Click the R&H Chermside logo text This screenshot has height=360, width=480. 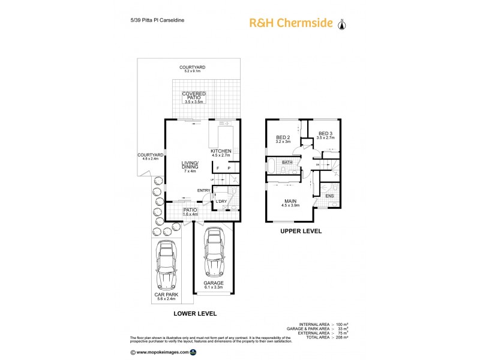[x=290, y=23]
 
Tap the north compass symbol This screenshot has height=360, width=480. [x=342, y=24]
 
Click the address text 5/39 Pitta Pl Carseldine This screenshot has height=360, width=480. [x=153, y=20]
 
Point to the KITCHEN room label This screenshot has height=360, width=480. [x=221, y=151]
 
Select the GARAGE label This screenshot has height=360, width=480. [x=213, y=283]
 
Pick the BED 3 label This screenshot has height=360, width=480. [x=325, y=133]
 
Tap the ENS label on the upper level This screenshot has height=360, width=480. [x=329, y=196]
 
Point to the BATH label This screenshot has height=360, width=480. [x=287, y=162]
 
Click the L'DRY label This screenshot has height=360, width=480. [x=221, y=201]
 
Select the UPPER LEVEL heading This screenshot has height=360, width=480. [x=301, y=231]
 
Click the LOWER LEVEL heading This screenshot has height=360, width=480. [x=194, y=313]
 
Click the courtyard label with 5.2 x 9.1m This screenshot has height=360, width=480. [x=193, y=69]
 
